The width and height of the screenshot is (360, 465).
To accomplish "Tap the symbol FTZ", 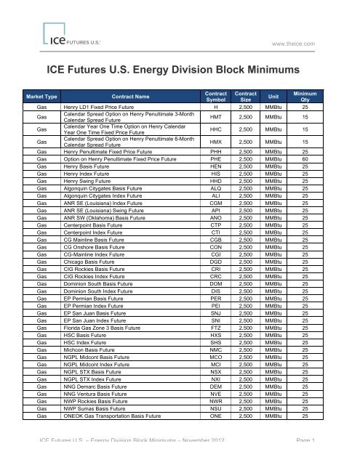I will click(x=216, y=311).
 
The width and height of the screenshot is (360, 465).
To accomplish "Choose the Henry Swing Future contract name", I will click(x=91, y=182).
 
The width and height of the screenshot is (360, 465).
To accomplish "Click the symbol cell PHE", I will click(x=216, y=159).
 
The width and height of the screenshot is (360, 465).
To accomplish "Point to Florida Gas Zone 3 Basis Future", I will click(x=106, y=311).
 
